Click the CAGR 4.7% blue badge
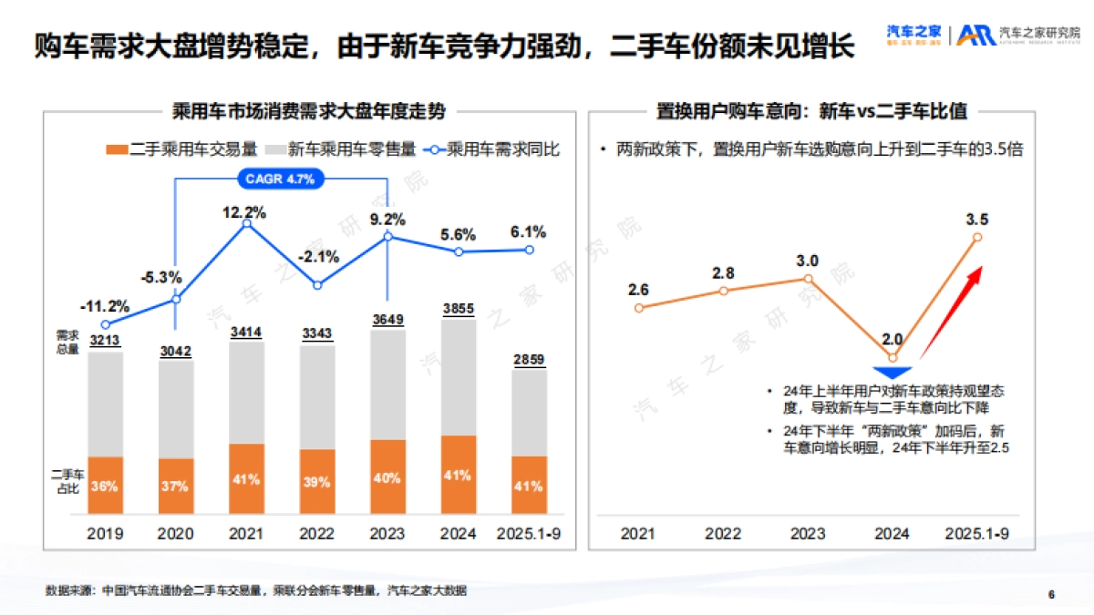point(280,179)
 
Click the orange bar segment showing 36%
point(105,486)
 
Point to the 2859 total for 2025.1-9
point(530,360)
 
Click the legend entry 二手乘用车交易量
point(182,149)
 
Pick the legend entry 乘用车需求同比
point(498,149)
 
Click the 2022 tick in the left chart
point(316,533)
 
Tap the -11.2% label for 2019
point(104,305)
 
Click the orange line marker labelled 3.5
point(977,237)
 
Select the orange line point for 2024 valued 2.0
point(893,357)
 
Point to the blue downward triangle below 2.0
point(893,373)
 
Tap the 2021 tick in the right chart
point(638,533)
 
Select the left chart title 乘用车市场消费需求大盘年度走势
point(309,112)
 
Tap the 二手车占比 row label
point(67,480)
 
